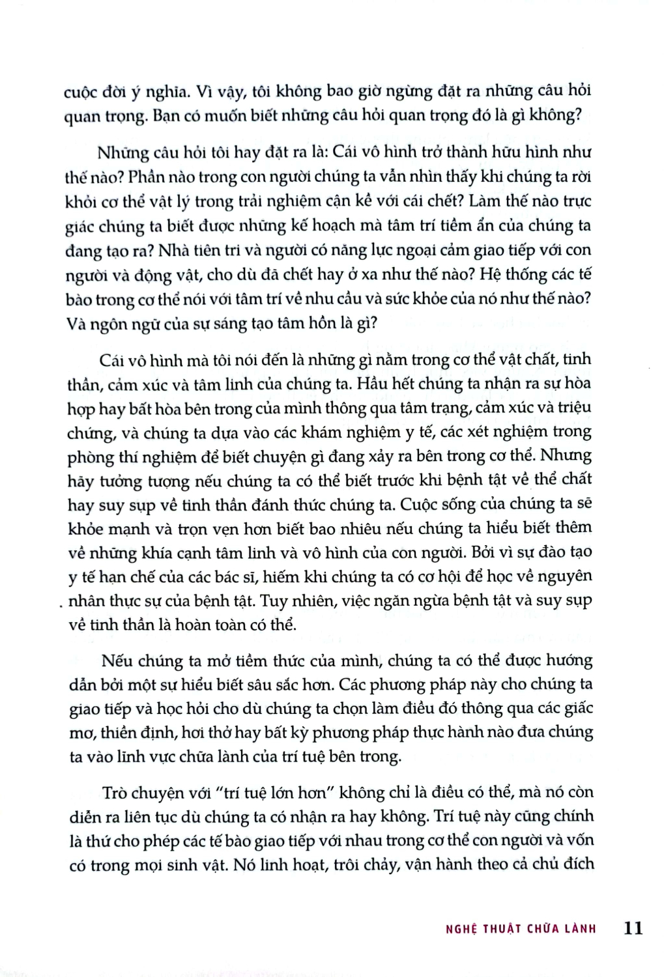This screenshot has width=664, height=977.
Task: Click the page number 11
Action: (x=633, y=927)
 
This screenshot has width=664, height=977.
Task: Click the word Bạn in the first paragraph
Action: (x=173, y=116)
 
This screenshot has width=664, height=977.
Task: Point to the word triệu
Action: (x=574, y=408)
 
